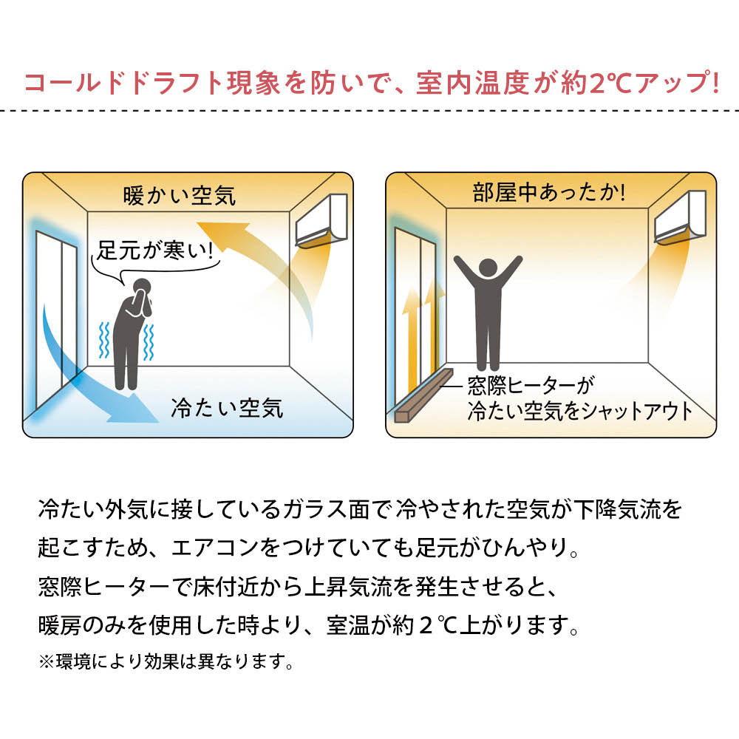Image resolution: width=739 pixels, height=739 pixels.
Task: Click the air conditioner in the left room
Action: click(x=321, y=220)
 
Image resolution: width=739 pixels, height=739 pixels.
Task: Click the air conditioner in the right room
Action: click(x=680, y=217)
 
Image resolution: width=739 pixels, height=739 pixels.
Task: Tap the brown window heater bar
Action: click(x=423, y=395)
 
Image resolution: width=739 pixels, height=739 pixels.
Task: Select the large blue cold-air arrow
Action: click(x=89, y=372)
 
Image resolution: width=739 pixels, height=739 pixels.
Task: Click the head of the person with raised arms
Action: click(x=488, y=268)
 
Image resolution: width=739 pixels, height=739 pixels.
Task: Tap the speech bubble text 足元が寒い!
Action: click(x=155, y=250)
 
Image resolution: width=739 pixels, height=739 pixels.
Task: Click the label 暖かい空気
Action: click(x=179, y=195)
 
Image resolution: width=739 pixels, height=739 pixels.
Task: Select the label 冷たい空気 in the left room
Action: click(x=227, y=408)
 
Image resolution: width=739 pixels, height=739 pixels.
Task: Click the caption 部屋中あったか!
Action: click(x=550, y=193)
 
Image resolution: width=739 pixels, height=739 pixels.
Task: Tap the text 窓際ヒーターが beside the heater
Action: click(x=531, y=386)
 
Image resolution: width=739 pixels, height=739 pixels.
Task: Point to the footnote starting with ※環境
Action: click(x=166, y=661)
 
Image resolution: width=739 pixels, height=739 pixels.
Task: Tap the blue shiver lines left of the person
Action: click(x=105, y=340)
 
